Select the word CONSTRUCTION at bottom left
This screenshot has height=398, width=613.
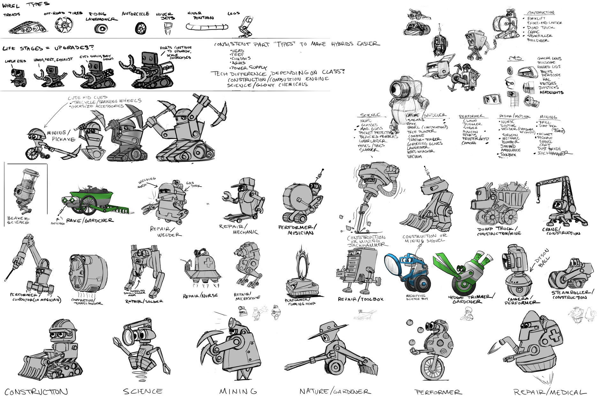pos(36,391)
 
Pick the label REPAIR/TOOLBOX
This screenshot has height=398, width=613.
pos(360,299)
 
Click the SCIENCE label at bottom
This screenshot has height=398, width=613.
pos(142,391)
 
